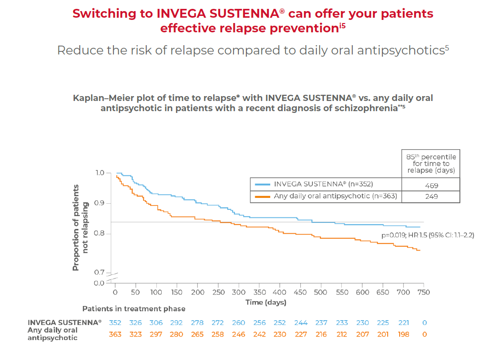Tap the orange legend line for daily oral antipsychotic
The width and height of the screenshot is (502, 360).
(262, 196)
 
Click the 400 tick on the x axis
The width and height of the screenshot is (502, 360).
(280, 292)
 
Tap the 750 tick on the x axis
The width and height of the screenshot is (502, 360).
(424, 292)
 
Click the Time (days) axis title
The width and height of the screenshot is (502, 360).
(266, 302)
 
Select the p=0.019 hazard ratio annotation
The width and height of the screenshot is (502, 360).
(428, 235)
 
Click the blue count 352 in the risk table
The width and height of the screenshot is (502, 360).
(115, 323)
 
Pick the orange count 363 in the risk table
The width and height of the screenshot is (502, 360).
(115, 334)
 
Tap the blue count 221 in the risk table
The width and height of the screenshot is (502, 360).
(404, 323)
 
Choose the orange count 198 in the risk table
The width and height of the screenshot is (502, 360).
(404, 334)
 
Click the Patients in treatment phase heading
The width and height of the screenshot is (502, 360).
(134, 309)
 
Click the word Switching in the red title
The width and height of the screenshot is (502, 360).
(104, 14)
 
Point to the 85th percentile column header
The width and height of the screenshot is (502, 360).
(431, 164)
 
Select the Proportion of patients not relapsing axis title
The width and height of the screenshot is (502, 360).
(80, 227)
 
